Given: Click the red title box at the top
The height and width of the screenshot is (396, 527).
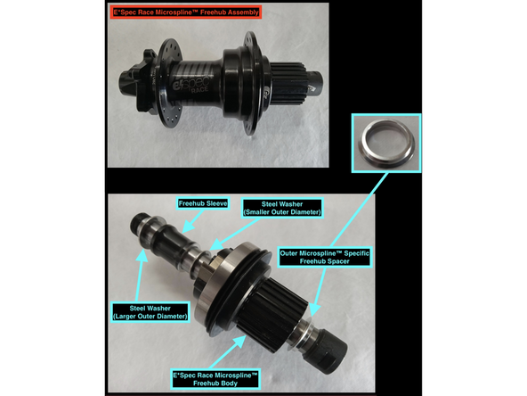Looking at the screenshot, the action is tap(186, 12).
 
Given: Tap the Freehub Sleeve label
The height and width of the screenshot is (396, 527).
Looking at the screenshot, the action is tap(203, 203).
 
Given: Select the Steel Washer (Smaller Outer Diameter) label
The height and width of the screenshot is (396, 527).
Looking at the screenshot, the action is tap(282, 208).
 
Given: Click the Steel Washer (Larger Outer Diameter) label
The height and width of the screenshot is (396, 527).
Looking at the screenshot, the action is tap(150, 312).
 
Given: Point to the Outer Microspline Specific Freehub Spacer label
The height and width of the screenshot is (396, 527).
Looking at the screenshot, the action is tap(325, 257).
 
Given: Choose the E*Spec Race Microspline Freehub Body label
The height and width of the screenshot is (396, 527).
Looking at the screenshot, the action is tap(215, 379).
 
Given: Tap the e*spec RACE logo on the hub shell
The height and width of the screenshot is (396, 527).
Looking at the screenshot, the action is tap(191, 84).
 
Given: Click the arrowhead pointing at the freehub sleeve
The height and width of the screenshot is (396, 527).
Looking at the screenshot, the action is tap(188, 227).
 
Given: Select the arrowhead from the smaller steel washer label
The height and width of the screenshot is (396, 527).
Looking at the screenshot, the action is tap(216, 243).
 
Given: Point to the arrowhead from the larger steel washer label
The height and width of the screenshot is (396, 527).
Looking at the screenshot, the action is tap(142, 256).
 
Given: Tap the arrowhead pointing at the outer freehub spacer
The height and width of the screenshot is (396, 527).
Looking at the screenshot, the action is tap(314, 309).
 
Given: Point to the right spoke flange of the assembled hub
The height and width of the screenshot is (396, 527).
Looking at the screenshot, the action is tap(251, 82).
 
